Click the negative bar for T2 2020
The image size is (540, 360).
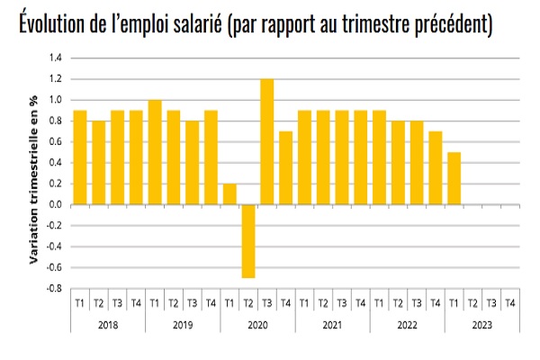pos(248,240)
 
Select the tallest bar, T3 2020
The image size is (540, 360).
pos(267,141)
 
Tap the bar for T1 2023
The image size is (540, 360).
pos(454,178)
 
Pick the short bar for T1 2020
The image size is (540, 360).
pos(229,193)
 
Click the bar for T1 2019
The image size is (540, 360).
pos(155,152)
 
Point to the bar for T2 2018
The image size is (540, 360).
pos(99,162)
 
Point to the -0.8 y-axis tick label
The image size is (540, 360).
pos(53,289)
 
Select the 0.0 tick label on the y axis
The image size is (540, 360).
pos(54,204)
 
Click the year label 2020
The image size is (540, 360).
pos(257,324)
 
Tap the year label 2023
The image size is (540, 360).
pos(481,324)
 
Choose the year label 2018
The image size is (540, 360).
pos(108,324)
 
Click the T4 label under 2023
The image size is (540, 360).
pos(509,302)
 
